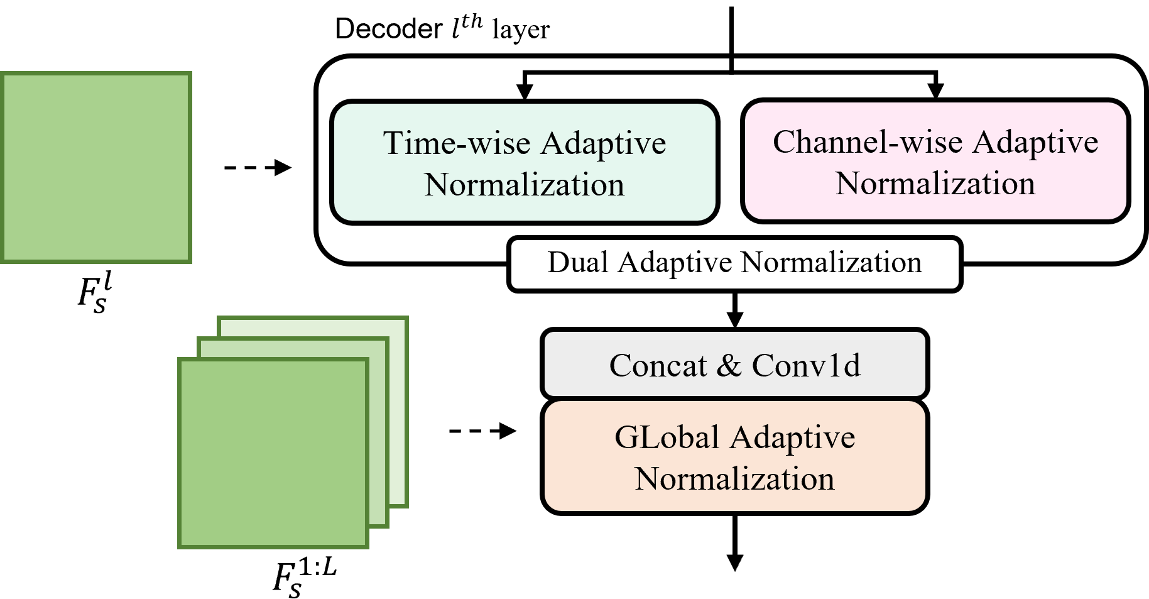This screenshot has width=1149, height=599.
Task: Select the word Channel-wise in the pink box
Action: (x=868, y=142)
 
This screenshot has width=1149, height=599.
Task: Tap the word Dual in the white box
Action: (x=578, y=263)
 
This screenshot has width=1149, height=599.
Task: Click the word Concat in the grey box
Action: (x=657, y=366)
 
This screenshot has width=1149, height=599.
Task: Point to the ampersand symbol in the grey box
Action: (x=729, y=366)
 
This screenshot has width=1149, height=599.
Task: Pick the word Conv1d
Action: (x=806, y=366)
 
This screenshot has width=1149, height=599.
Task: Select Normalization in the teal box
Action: (x=525, y=185)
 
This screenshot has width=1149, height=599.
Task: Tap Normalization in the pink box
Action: (x=935, y=184)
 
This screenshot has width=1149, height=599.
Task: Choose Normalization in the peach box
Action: (x=734, y=480)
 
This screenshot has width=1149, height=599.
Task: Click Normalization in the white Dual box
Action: (x=831, y=263)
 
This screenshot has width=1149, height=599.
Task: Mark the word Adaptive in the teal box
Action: (x=603, y=143)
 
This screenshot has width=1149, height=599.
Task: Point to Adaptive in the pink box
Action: (x=1035, y=142)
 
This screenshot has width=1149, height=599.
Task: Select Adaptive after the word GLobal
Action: (x=793, y=437)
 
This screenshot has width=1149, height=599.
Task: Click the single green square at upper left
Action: (x=96, y=167)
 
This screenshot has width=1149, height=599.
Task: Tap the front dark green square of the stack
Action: (x=273, y=453)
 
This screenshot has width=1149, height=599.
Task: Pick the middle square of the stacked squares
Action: (x=378, y=434)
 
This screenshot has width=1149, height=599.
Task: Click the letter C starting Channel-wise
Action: (x=783, y=142)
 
